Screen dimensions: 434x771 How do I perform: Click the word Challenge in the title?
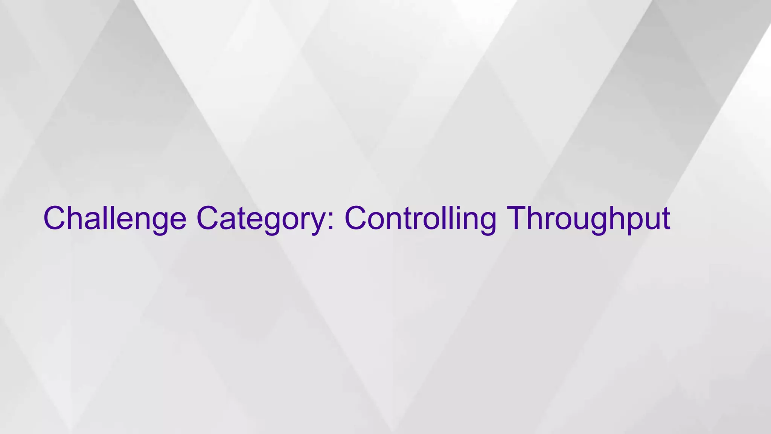click(115, 219)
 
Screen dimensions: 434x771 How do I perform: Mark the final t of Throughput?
click(665, 219)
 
